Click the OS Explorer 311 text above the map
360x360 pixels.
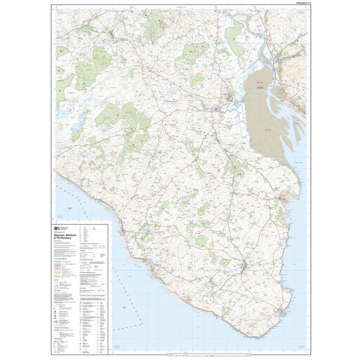(x=295, y=6)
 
